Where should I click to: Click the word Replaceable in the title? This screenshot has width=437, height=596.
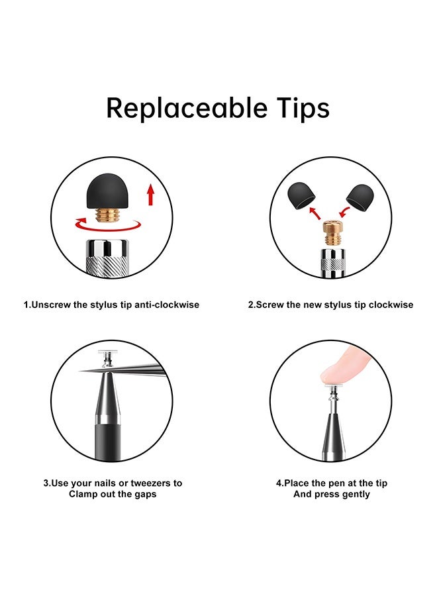(187, 109)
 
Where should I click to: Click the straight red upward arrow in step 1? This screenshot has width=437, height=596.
(151, 195)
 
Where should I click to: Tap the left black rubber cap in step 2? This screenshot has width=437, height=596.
(301, 195)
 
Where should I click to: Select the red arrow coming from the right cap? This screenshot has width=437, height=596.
(344, 212)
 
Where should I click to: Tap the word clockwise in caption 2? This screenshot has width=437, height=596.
(391, 305)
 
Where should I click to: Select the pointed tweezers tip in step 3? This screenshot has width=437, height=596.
(81, 371)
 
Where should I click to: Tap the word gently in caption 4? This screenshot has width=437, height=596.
(356, 495)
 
